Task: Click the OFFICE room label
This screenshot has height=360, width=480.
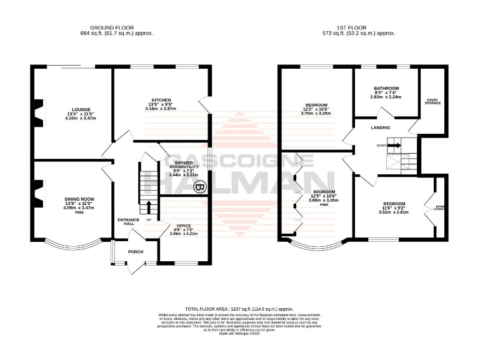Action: [184, 225]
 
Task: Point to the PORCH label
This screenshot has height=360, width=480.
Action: [136, 252]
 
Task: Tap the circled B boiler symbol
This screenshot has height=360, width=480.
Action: [199, 186]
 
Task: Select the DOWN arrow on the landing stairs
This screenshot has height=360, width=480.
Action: [394, 145]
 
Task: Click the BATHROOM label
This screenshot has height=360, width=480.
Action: [386, 89]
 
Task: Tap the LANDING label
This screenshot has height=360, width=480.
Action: [381, 127]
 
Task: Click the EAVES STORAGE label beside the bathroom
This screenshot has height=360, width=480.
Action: [432, 101]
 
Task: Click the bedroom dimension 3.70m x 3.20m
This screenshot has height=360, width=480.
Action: [316, 114]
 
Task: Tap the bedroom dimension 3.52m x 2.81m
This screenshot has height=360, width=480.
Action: [394, 213]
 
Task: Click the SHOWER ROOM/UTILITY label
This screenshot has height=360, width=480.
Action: [184, 164]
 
